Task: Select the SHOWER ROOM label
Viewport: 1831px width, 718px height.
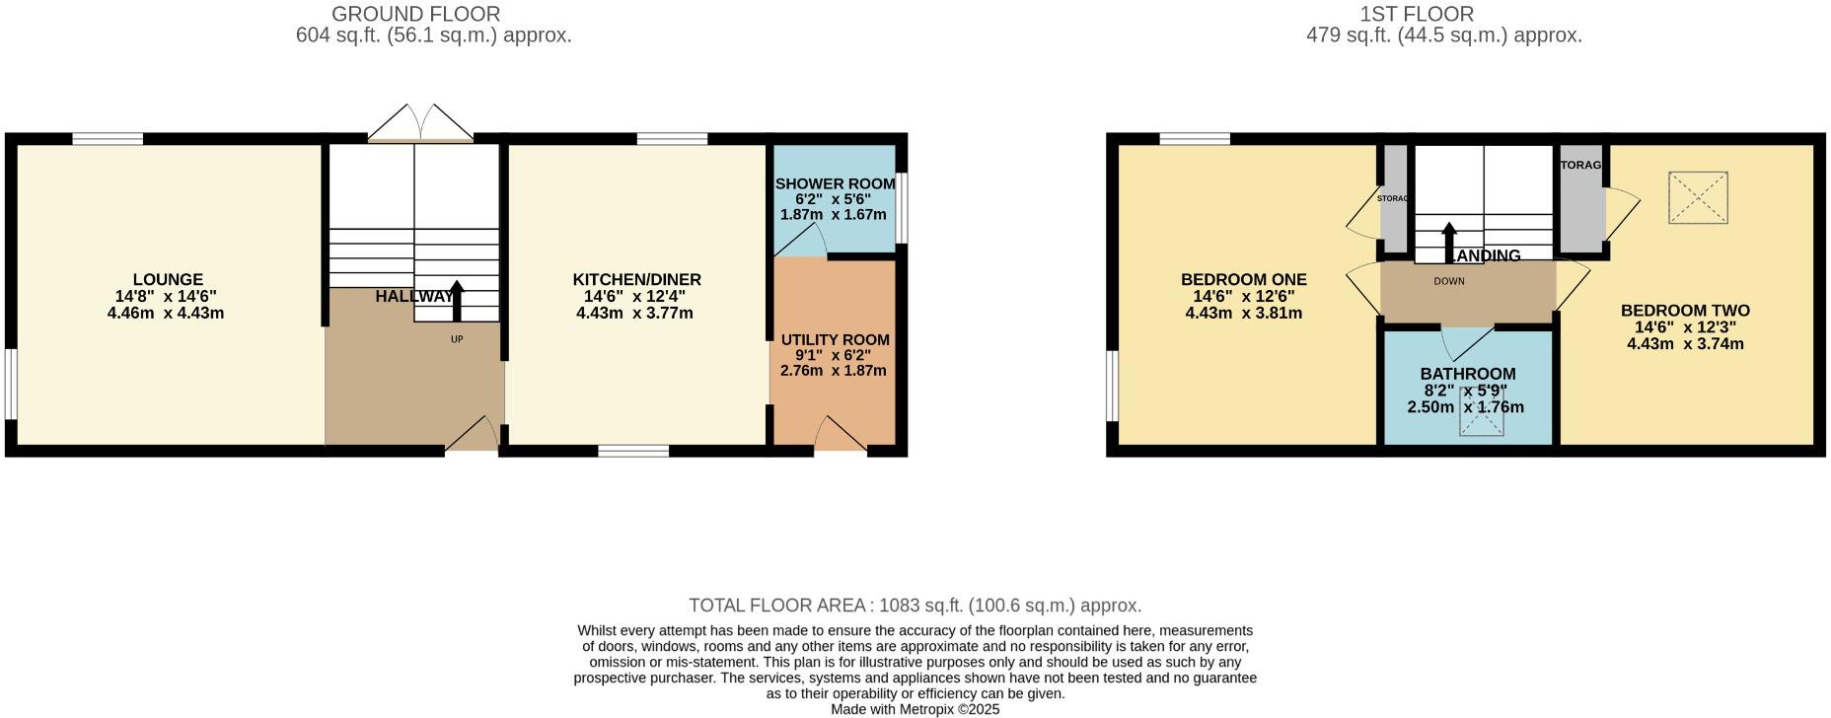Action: click(835, 184)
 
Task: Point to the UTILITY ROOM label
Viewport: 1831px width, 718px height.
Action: click(835, 340)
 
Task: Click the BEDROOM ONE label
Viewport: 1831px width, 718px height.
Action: click(1243, 280)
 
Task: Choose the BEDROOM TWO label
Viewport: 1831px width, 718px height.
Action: click(1685, 311)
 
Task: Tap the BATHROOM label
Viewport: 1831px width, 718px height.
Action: click(1467, 374)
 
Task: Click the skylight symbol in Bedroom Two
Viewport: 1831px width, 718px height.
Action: click(1698, 197)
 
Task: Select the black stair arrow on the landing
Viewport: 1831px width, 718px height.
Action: click(1448, 242)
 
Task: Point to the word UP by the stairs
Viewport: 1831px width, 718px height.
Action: click(457, 339)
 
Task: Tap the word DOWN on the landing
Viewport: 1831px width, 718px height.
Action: click(1449, 281)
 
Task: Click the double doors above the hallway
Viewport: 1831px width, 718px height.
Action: click(420, 122)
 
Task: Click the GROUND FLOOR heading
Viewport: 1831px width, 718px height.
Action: click(415, 14)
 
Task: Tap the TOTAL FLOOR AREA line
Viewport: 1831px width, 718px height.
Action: click(915, 606)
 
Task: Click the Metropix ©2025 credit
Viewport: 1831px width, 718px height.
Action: click(915, 709)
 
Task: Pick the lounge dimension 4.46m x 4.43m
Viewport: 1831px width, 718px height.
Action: click(166, 314)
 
